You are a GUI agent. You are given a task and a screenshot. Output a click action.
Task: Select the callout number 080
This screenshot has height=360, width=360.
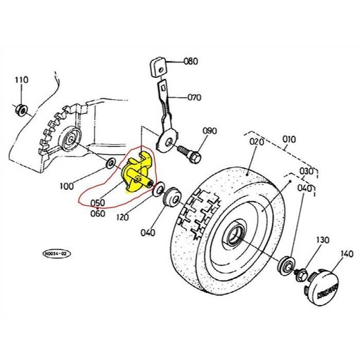pyautogui.click(x=191, y=61)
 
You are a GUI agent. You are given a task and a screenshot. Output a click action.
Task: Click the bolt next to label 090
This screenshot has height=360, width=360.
pyautogui.click(x=188, y=150)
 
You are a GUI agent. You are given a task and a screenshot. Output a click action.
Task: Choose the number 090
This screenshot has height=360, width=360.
pyautogui.click(x=210, y=131)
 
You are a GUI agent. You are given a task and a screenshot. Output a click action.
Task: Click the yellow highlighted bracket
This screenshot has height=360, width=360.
pyautogui.click(x=139, y=174)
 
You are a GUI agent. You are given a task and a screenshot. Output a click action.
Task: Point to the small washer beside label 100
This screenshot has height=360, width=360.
pyautogui.click(x=111, y=164)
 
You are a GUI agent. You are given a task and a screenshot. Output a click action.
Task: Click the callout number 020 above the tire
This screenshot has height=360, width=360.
pyautogui.click(x=255, y=141)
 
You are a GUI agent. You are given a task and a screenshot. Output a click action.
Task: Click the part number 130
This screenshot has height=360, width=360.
pyautogui.click(x=322, y=240)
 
